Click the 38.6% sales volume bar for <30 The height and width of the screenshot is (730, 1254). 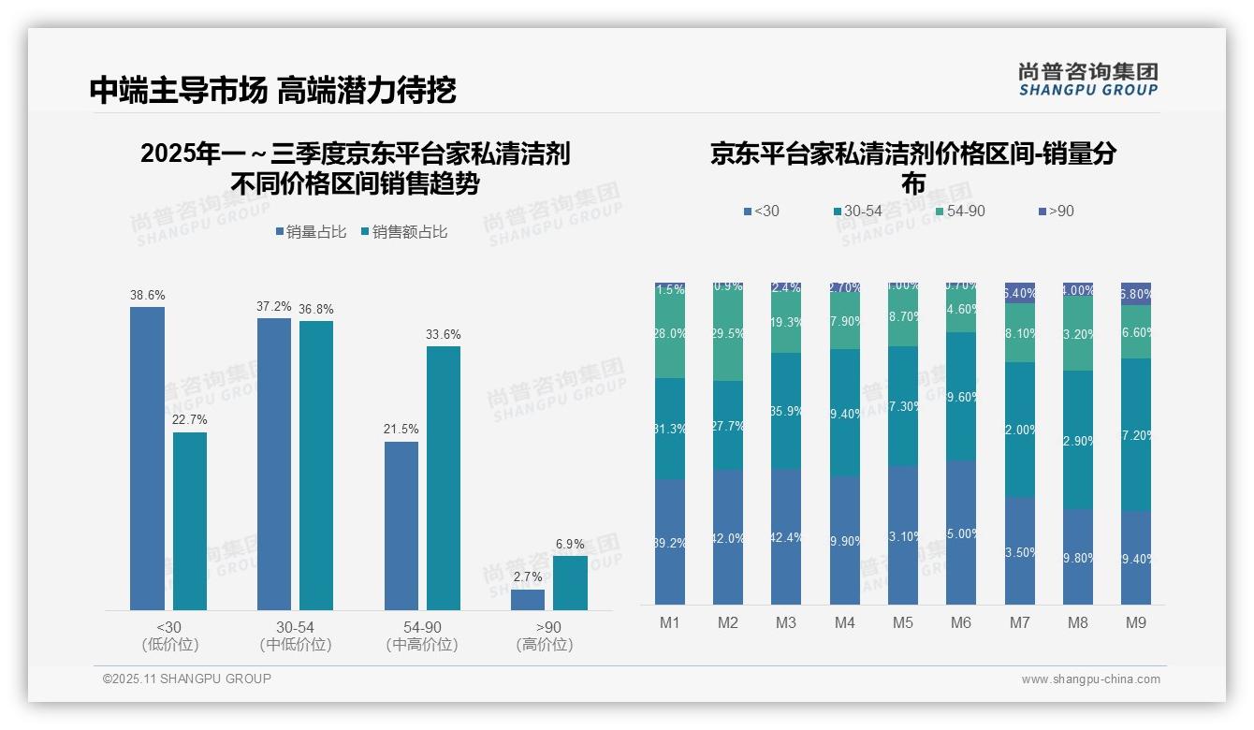(x=147, y=459)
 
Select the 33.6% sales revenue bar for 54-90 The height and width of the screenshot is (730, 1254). (x=444, y=478)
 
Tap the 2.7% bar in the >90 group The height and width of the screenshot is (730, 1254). (x=528, y=600)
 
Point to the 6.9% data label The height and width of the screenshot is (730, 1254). (x=570, y=544)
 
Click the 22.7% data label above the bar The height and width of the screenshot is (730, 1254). (x=190, y=419)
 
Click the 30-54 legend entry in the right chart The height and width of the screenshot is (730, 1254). (x=856, y=212)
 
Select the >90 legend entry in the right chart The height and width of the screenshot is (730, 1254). (x=1056, y=212)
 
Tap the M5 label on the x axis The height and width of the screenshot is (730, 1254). (x=903, y=622)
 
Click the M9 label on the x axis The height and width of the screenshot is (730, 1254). (x=1135, y=622)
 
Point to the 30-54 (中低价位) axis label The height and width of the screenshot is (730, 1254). (x=296, y=635)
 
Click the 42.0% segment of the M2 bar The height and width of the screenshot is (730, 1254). (x=728, y=537)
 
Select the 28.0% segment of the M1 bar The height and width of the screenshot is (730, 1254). (x=670, y=334)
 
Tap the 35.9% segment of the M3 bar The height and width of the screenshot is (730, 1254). (x=786, y=411)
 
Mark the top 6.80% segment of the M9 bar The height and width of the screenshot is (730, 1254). (x=1136, y=293)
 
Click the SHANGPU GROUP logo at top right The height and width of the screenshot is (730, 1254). (x=1087, y=79)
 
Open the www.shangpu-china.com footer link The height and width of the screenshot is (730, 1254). (x=1090, y=679)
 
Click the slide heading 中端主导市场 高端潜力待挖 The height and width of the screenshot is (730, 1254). (x=272, y=90)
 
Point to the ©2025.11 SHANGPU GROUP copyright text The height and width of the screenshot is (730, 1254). (x=187, y=679)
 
